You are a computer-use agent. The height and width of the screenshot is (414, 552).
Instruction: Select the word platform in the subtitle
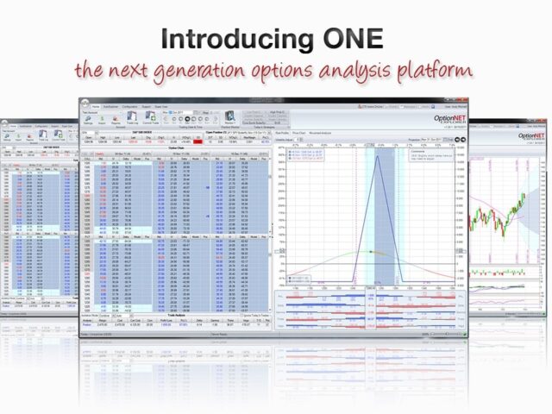448,71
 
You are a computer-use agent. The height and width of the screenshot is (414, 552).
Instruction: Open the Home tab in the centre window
96,108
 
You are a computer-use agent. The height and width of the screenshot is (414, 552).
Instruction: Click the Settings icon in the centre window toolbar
88,120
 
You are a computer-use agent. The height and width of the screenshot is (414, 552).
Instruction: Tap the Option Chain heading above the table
175,147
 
